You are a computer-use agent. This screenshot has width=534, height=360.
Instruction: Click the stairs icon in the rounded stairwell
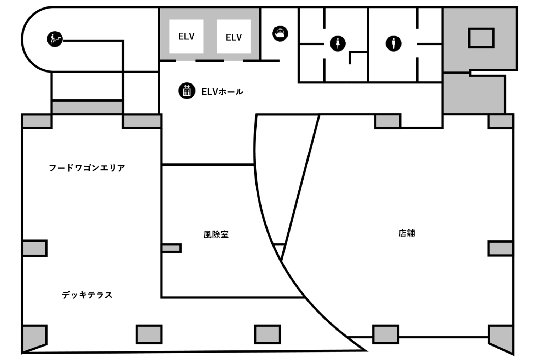[55, 39]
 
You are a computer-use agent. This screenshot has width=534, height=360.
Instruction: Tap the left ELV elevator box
[186, 36]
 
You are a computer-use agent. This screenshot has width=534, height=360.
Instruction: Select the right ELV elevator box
[234, 36]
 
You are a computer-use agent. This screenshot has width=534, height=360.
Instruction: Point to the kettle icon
[280, 33]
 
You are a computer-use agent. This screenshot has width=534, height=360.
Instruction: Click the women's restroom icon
[337, 44]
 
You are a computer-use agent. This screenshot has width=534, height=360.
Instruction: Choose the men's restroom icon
[393, 44]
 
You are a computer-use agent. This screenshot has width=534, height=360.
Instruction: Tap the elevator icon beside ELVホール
[187, 91]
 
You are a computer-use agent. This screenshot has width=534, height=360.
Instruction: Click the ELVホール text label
[222, 92]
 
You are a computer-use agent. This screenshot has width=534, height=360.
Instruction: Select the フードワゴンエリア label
[87, 168]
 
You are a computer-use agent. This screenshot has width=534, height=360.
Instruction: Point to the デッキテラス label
[87, 295]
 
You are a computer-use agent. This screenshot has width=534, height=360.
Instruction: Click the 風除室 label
[216, 235]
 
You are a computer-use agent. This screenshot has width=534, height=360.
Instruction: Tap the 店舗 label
[407, 233]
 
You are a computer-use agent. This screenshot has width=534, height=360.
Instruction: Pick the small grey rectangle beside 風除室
[171, 248]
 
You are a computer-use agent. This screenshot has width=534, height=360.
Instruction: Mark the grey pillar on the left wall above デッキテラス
[35, 248]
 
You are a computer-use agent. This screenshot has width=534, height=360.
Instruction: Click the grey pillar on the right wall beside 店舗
[500, 249]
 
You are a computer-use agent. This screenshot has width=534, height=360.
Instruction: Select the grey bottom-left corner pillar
[34, 338]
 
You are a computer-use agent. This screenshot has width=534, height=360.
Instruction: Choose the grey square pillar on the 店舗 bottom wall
[386, 334]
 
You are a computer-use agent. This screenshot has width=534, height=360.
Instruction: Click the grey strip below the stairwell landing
[87, 107]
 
